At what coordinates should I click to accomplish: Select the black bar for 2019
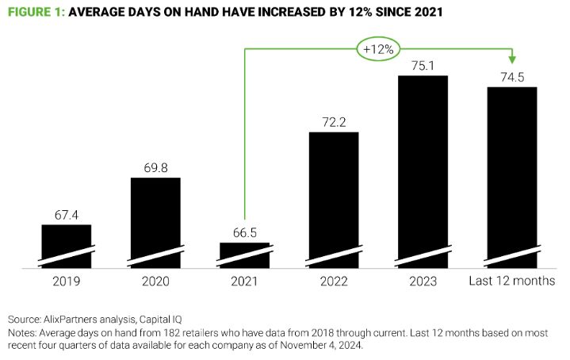67,246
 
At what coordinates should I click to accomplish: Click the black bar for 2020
155,222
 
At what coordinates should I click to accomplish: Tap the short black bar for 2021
244,255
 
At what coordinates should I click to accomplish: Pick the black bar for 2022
333,198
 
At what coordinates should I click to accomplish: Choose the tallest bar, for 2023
423,170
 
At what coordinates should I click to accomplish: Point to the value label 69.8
155,168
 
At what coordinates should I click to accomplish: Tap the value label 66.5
244,233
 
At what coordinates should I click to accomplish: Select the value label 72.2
333,122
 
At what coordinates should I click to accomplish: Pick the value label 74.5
511,78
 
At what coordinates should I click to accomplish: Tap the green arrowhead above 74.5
512,60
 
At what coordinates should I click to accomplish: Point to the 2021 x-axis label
244,281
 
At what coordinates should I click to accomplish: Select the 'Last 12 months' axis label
511,281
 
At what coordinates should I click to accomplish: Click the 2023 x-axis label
423,281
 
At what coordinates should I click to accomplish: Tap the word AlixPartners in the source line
77,318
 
